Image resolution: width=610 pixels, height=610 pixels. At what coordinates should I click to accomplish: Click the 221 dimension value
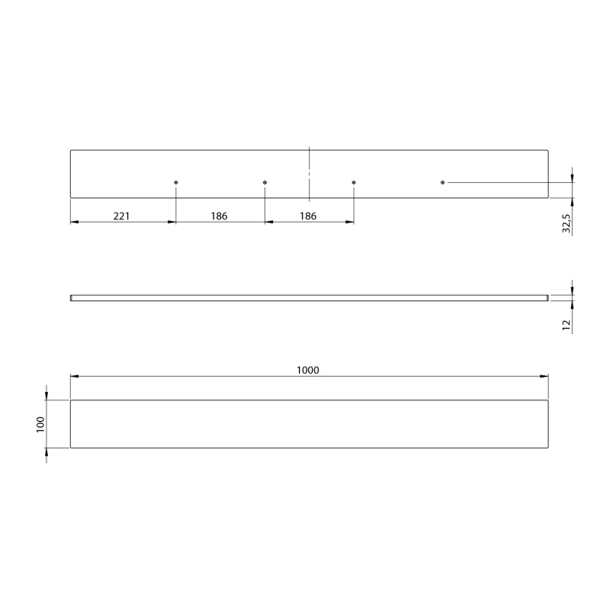(121, 216)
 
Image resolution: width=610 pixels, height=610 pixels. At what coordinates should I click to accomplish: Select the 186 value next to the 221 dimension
(219, 216)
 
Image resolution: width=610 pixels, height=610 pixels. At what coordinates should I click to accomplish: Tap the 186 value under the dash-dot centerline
(308, 216)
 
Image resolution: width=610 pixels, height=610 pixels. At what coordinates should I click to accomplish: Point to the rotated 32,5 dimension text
(567, 223)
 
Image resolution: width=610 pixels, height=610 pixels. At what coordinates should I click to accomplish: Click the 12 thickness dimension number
(567, 325)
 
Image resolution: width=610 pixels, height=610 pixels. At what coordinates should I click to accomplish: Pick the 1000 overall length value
(308, 370)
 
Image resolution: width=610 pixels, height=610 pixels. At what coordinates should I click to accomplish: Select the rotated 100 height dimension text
(40, 424)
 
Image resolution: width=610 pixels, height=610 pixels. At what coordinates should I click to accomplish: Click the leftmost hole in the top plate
(176, 182)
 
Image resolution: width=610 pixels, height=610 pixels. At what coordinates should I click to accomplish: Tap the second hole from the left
(265, 182)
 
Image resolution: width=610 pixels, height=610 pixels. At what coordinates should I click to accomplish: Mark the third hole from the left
(354, 182)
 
